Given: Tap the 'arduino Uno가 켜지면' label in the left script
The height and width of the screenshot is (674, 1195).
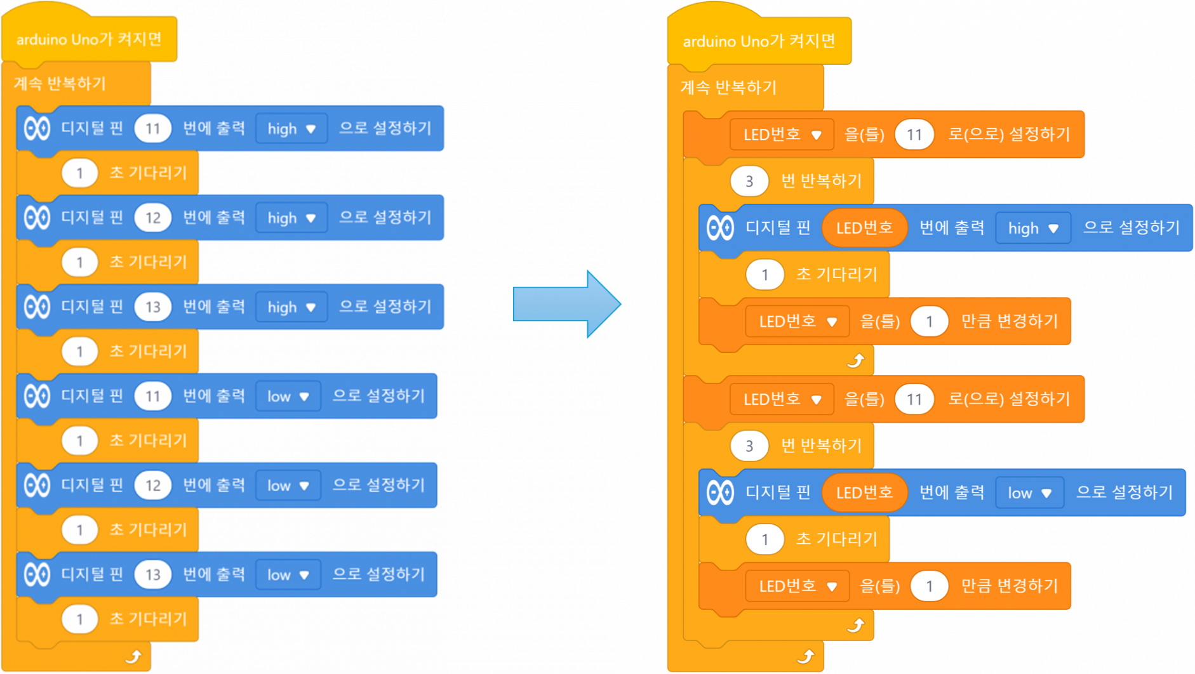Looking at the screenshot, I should pos(89,39).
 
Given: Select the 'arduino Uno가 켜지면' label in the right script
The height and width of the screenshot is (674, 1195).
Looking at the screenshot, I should pos(759,41).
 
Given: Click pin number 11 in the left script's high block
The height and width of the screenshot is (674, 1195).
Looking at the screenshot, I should pos(152,129).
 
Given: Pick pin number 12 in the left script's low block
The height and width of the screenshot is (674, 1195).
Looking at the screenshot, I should pos(152,486).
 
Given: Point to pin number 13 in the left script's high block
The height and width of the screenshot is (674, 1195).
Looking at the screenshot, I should pos(152,307).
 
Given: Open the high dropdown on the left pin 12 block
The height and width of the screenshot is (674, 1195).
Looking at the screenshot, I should pos(291,218).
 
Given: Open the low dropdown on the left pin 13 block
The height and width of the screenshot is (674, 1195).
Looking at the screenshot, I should pos(288,575).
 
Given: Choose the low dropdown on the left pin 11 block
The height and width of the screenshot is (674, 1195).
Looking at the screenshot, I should pos(288,397).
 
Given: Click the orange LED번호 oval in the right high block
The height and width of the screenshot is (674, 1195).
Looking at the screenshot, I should pos(864,228).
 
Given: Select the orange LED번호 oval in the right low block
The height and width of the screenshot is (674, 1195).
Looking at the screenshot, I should pos(864,492).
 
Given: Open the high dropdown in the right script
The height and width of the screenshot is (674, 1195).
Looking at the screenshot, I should pos(1033,228).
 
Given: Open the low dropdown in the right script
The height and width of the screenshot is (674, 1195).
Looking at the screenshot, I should pos(1029,493).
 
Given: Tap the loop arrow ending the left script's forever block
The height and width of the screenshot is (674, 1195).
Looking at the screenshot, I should pos(133,656).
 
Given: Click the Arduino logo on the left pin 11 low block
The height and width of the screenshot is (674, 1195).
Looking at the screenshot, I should pos(37,397).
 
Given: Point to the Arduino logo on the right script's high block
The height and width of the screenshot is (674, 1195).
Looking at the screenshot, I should pos(720,228).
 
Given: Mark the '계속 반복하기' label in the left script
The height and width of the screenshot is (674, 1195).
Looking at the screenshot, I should pos(60,83).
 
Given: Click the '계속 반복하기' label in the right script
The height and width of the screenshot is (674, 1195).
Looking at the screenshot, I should pos(728,87).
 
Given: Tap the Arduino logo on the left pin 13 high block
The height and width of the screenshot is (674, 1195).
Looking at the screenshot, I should pos(37,307).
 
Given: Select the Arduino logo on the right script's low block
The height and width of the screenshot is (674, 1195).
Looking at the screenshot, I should pos(720,492).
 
